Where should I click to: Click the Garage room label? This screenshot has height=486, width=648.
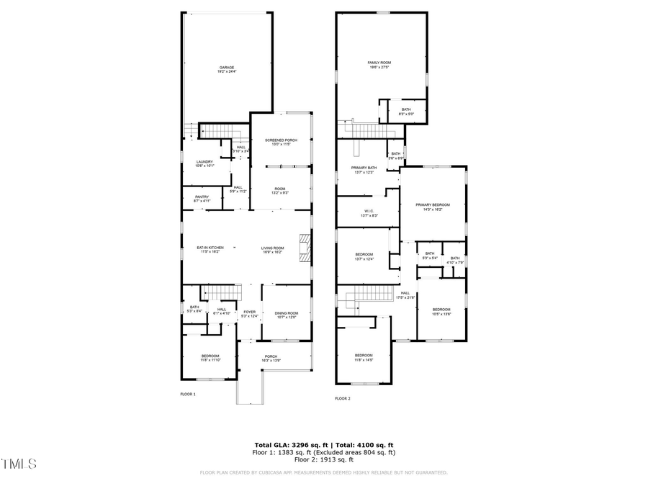coord(228,69)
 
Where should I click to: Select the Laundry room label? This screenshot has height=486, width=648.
coord(204,163)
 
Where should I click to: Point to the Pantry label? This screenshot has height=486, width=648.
coord(202,198)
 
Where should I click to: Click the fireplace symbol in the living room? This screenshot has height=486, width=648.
coord(305,248)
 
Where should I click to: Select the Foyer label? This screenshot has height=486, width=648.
coord(249,313)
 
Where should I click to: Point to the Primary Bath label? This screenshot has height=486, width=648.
coord(364,169)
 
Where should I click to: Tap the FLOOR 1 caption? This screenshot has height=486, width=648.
coord(187,394)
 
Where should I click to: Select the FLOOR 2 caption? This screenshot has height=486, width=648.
coord(343,398)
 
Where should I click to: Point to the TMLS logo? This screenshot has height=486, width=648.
coord(19,464)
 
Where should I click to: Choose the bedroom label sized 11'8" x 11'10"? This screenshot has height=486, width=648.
coord(210,357)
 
